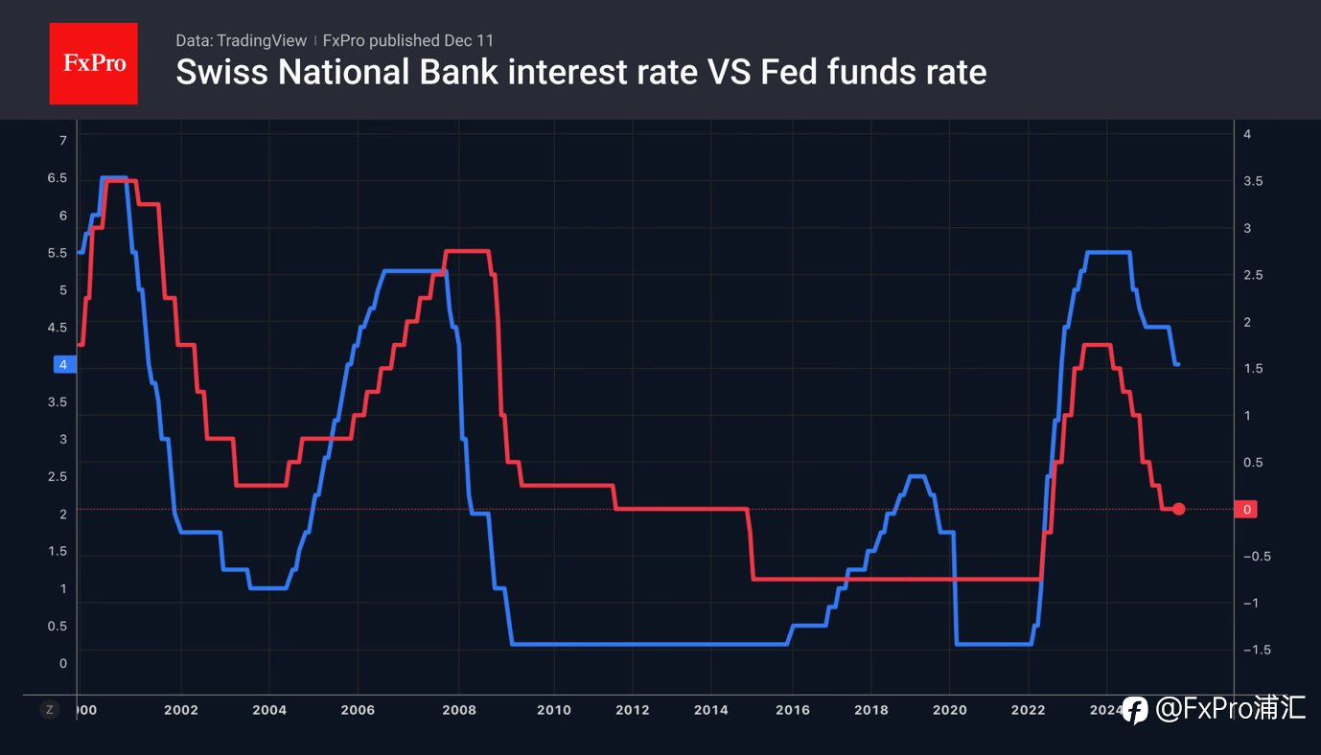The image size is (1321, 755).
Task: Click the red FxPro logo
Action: point(93,63)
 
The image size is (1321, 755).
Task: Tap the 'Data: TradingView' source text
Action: point(241,40)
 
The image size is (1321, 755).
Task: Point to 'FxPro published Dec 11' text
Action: point(408,40)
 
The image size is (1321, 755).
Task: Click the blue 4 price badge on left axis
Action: point(63,364)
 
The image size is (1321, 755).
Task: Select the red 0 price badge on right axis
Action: point(1247,510)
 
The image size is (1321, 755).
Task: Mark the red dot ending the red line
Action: point(1179,510)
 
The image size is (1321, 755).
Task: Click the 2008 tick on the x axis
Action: point(460,710)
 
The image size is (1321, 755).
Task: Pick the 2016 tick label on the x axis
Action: point(793,710)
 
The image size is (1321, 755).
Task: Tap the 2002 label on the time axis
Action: point(181,710)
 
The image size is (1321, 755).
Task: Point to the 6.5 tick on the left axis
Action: point(57,178)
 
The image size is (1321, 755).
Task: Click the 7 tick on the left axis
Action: point(63,141)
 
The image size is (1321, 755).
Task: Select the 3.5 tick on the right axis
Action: point(1252,181)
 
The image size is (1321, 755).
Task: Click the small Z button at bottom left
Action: point(50,710)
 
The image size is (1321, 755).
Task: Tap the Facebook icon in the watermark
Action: point(1134,709)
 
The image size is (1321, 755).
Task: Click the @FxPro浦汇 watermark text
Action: point(1231,709)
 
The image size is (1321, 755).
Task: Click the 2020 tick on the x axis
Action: point(949,710)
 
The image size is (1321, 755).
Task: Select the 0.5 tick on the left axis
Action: point(57,626)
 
